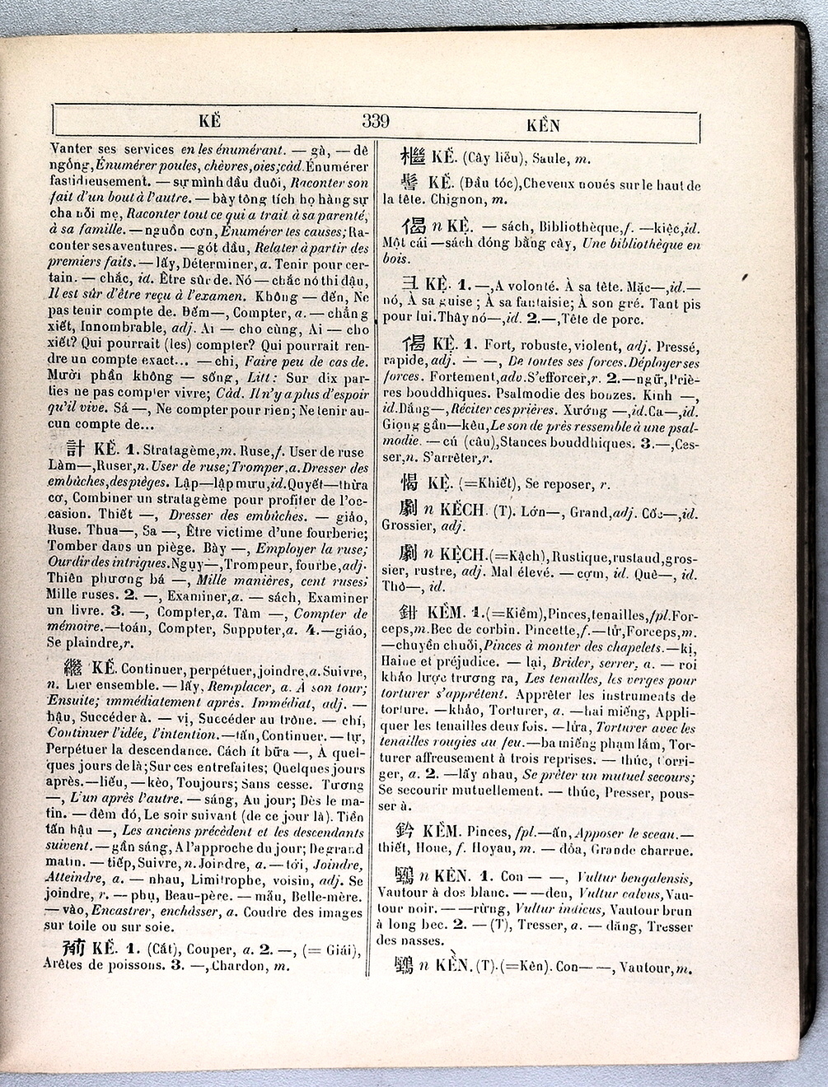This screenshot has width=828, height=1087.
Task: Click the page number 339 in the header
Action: tap(375, 122)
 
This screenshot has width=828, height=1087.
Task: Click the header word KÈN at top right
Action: tap(543, 126)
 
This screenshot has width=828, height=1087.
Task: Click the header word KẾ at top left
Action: tap(210, 121)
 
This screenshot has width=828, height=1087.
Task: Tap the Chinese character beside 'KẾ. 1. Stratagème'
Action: tap(74, 447)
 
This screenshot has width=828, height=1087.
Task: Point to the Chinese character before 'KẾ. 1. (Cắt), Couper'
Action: tap(73, 945)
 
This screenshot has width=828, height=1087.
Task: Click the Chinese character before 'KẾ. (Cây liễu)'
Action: tap(412, 156)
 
